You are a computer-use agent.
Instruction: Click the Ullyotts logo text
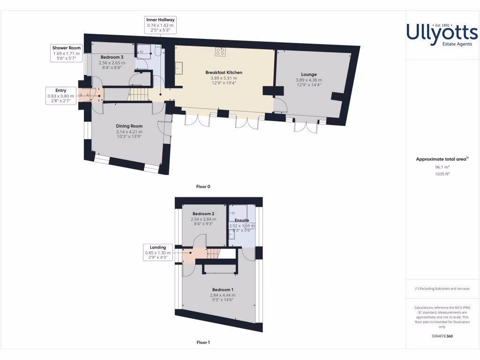coord(442,33)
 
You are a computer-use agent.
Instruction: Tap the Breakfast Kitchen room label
coord(224,73)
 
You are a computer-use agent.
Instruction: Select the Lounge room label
coord(309,74)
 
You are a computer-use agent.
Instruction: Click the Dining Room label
coord(129,126)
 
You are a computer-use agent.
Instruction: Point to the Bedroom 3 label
coord(112,57)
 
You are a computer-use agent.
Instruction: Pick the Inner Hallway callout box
coord(160,25)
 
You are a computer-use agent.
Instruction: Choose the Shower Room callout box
coord(67,53)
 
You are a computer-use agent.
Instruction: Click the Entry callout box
coord(60,96)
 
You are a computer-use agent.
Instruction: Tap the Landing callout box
coord(158,252)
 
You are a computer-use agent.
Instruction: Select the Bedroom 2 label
coord(203,214)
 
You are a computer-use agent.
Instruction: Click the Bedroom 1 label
coord(223,290)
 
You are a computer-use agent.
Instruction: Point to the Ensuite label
coord(242,220)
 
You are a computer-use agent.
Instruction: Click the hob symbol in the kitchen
coord(220,52)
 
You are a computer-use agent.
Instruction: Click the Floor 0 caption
coord(203,187)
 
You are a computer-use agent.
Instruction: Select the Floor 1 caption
coord(203,342)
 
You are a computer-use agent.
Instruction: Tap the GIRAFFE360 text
coord(442,336)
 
